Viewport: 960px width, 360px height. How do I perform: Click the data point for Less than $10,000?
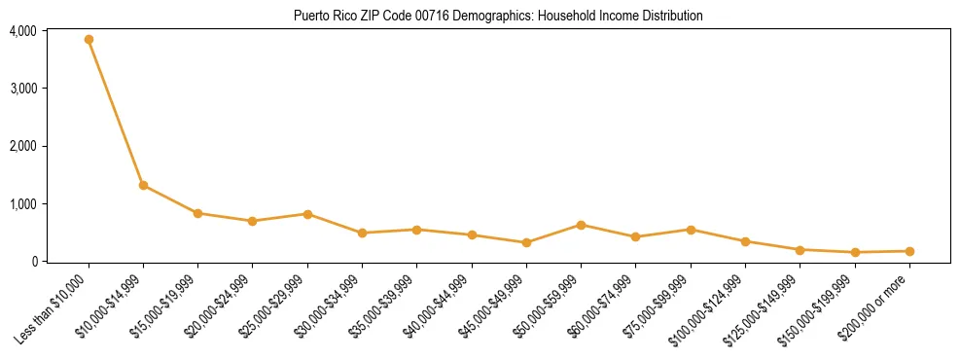89,40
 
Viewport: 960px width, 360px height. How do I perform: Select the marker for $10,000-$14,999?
143,185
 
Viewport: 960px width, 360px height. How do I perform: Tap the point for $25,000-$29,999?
307,214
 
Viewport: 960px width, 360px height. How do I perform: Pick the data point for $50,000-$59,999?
581,225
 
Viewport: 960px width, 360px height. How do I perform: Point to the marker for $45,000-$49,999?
526,242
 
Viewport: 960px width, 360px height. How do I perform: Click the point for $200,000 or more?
909,251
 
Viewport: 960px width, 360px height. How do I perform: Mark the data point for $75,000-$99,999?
691,230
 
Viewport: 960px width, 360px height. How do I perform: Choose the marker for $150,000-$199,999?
855,252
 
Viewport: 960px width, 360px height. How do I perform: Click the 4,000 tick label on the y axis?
22,31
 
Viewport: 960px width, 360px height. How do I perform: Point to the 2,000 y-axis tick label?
22,146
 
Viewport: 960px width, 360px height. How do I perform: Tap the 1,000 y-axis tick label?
22,204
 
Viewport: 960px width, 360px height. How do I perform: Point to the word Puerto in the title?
309,17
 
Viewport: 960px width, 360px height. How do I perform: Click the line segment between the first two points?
116,112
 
